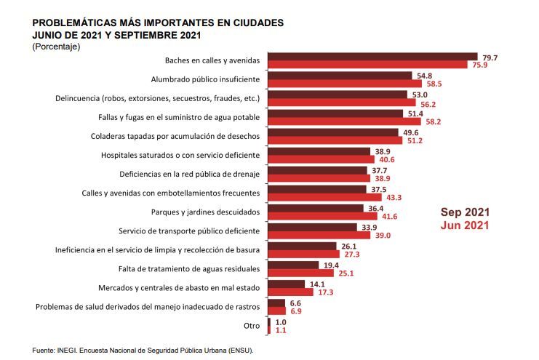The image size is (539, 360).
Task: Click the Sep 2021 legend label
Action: (x=465, y=212)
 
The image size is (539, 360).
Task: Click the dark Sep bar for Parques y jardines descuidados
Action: (x=316, y=208)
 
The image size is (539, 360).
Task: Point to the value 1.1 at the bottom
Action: (x=281, y=330)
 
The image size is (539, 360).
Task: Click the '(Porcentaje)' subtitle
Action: (x=56, y=47)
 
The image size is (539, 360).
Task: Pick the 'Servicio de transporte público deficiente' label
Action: (x=188, y=231)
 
